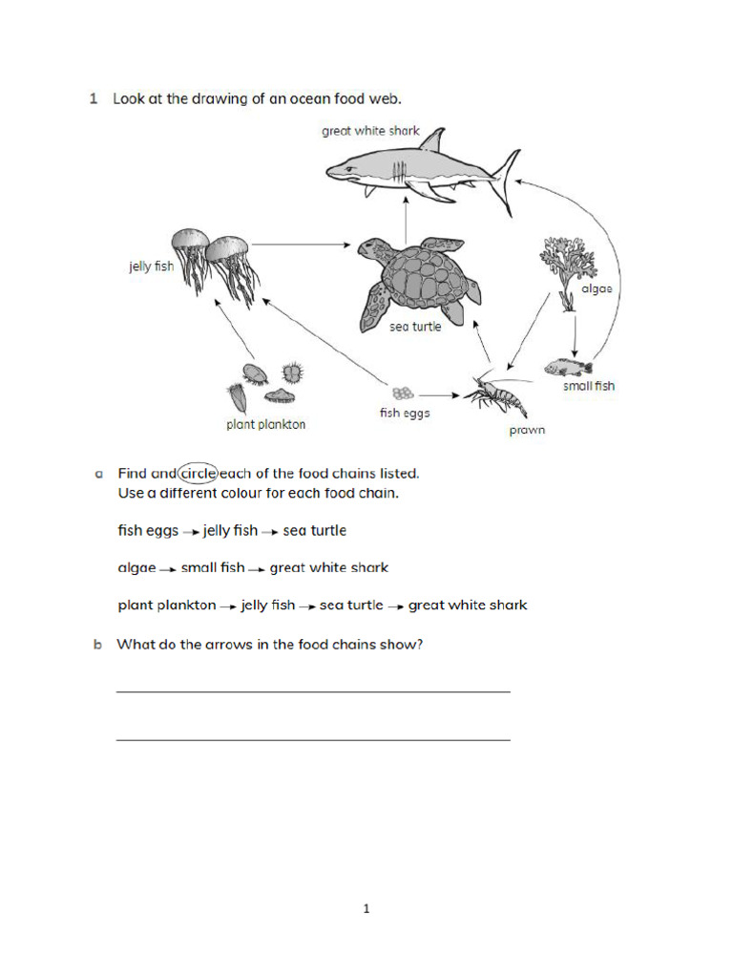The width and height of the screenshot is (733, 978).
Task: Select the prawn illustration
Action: click(495, 393)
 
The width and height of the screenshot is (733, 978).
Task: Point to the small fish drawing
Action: click(569, 367)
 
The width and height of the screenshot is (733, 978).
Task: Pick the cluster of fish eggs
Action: click(402, 393)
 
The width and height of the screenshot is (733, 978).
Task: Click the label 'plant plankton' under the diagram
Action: click(265, 425)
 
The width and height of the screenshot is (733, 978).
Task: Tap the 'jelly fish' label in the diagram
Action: click(152, 266)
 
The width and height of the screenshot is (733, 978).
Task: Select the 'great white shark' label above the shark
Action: click(370, 131)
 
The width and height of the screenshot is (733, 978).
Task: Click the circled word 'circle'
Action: click(198, 473)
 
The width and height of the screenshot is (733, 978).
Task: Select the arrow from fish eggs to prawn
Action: click(440, 393)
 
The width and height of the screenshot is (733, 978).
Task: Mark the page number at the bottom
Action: click(366, 909)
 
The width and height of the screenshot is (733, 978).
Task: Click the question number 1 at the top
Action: click(94, 98)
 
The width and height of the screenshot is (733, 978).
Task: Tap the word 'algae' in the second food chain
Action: click(136, 568)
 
